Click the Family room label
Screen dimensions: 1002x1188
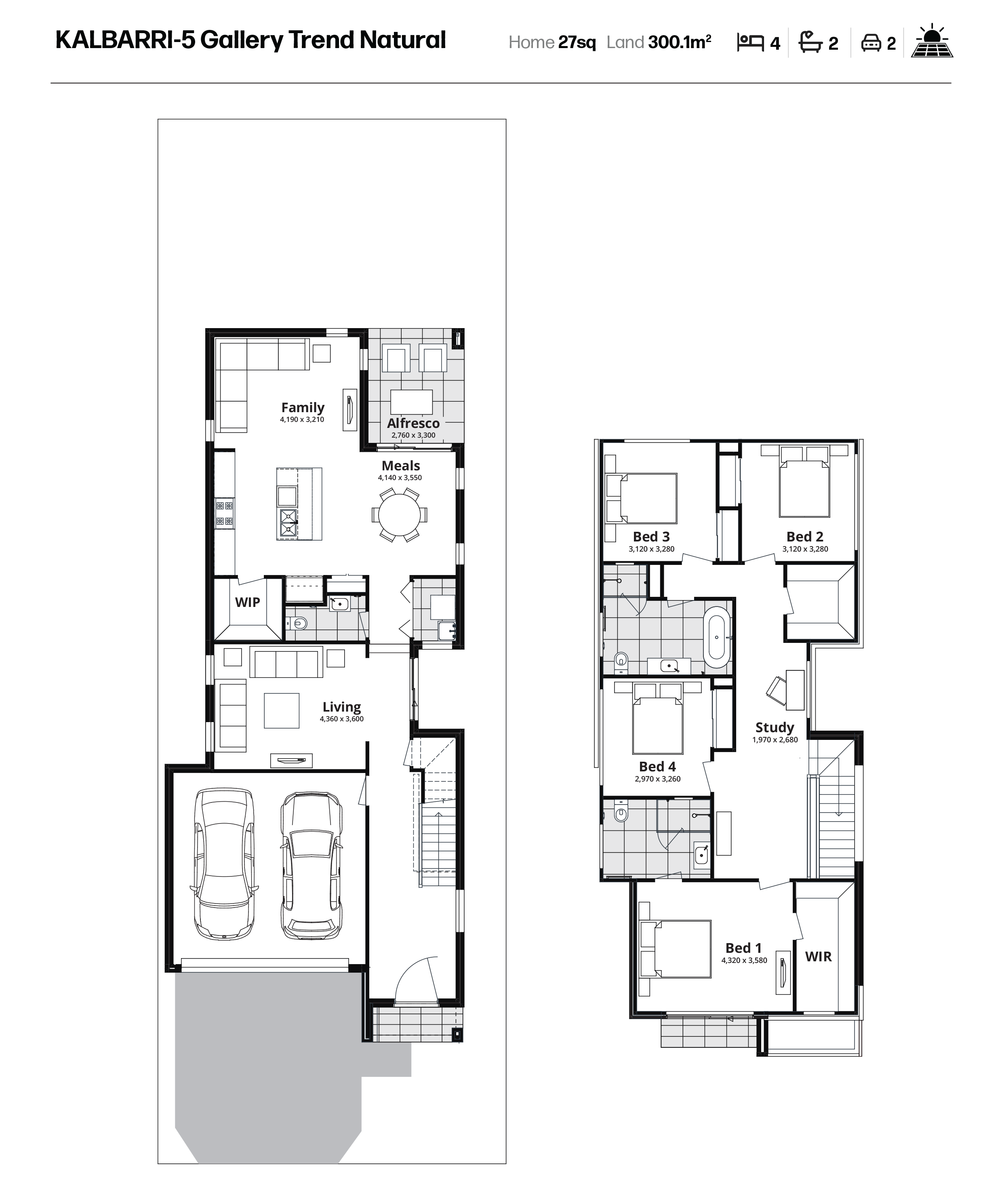point(303,407)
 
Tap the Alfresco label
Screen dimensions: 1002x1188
point(413,423)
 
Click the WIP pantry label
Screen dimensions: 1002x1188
point(248,602)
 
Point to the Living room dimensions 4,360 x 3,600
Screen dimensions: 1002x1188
point(341,719)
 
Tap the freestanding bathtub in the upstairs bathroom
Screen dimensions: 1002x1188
point(717,637)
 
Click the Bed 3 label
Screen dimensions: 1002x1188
point(651,536)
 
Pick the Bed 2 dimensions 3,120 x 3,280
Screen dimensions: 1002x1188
point(805,549)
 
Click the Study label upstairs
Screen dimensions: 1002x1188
point(774,727)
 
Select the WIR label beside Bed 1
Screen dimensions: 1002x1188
point(818,956)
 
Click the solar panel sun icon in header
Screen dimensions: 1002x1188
point(932,41)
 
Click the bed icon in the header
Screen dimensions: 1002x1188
point(750,42)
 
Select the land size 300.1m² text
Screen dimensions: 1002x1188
point(679,42)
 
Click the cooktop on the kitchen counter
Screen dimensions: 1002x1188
point(224,513)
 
